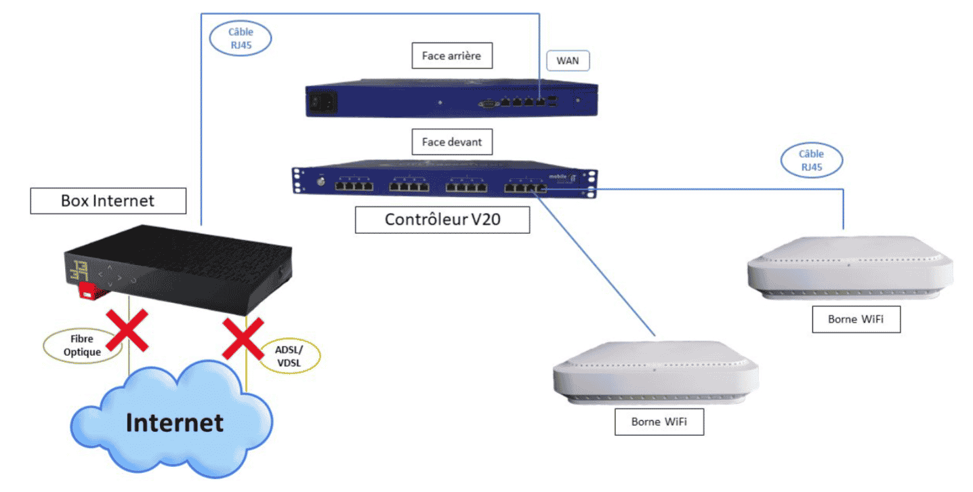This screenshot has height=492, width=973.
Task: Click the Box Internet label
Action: point(108,201)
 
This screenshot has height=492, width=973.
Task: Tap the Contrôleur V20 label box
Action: point(442,220)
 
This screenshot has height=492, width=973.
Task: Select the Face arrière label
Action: point(452,56)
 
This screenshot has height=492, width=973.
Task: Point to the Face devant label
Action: point(452,142)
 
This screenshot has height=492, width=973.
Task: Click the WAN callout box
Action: point(568,60)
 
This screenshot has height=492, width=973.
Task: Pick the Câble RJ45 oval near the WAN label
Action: point(241,38)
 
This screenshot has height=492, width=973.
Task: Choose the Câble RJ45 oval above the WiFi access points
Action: point(812,161)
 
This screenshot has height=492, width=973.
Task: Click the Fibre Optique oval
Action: point(82,346)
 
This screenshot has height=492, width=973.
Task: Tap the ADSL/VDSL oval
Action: point(289,356)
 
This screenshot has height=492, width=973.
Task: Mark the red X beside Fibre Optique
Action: point(127,330)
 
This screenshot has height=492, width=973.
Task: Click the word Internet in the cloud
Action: point(175,423)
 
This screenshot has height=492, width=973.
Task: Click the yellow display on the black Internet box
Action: point(79,270)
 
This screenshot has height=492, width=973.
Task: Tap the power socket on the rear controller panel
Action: point(323,102)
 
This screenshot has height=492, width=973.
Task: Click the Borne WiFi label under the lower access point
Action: point(659,422)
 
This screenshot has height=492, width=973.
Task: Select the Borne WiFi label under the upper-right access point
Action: point(856,319)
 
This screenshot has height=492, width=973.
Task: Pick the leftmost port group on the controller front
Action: point(354,186)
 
